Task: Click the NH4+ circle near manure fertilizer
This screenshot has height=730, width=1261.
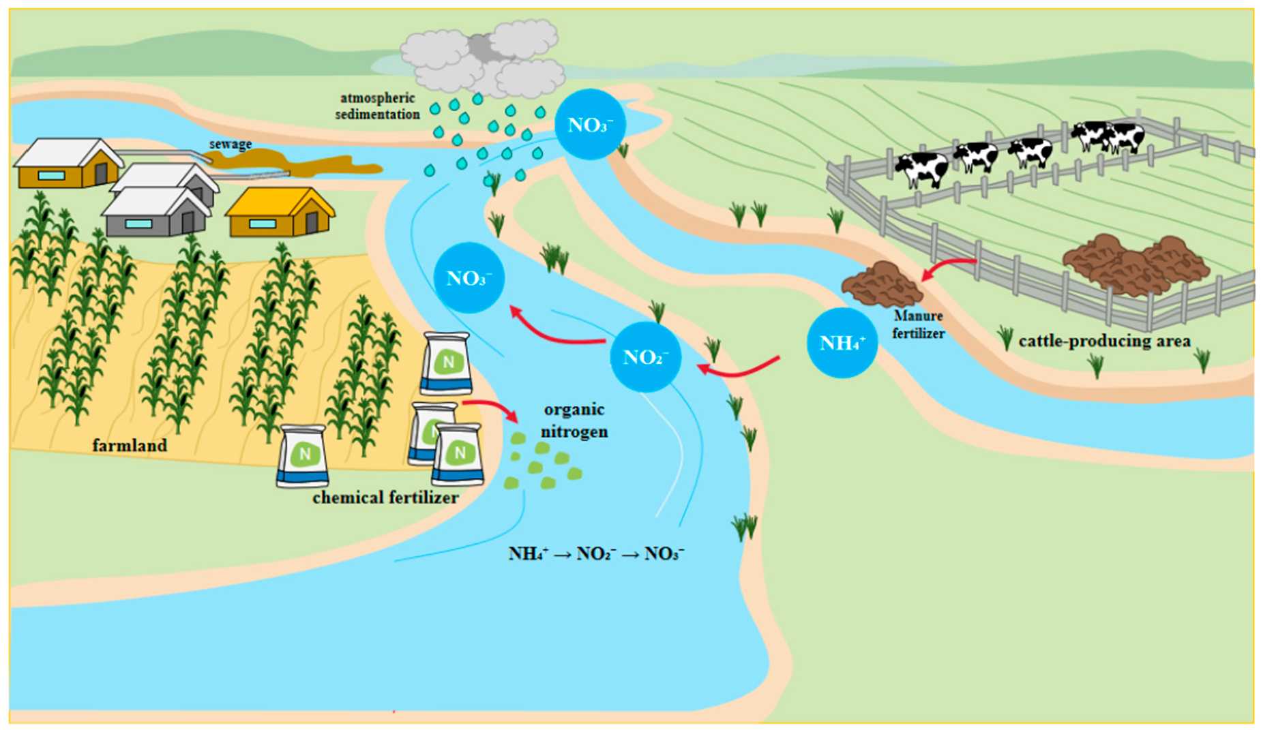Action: (842, 343)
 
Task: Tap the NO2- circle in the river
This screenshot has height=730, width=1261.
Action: (644, 357)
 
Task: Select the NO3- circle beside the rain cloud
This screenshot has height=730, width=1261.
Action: (590, 125)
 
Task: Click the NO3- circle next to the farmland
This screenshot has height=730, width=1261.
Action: (469, 278)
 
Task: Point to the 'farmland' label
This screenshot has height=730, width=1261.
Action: (130, 446)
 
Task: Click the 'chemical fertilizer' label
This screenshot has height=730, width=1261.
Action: (385, 498)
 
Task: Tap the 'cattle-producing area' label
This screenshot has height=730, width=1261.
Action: (1104, 341)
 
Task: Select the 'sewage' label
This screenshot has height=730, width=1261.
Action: (231, 145)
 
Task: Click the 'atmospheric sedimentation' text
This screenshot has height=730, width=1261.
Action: (377, 106)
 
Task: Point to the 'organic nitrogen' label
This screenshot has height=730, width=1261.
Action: (574, 421)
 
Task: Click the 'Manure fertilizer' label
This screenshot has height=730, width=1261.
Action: (918, 324)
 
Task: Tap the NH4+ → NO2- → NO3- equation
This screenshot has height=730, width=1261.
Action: (596, 553)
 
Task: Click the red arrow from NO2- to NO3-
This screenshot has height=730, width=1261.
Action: (556, 331)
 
